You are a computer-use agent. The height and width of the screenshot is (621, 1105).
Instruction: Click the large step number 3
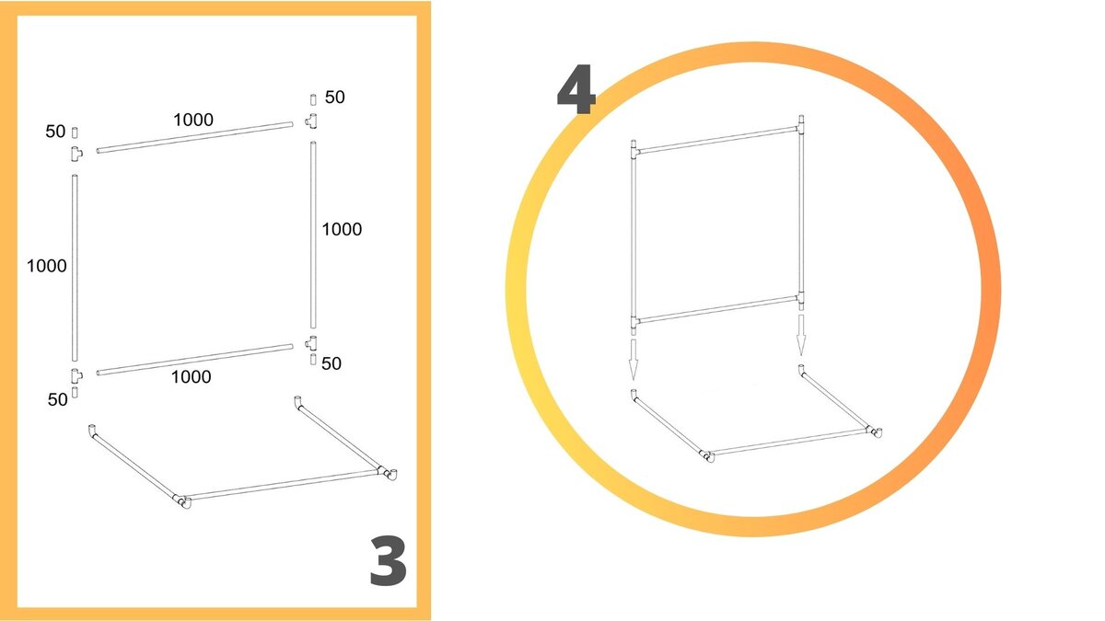click(389, 561)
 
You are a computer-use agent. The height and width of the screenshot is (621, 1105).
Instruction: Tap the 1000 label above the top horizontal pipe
click(193, 120)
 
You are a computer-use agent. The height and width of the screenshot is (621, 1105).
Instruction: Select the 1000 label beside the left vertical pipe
click(46, 266)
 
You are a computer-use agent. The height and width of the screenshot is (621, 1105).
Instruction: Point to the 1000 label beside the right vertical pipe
click(342, 229)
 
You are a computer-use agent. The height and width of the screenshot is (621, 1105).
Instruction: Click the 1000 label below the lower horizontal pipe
click(191, 377)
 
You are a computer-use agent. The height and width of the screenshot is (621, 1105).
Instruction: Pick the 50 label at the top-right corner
click(335, 98)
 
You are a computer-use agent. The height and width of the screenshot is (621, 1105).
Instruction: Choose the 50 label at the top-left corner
click(56, 132)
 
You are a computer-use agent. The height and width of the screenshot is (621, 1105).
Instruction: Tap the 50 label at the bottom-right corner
click(331, 363)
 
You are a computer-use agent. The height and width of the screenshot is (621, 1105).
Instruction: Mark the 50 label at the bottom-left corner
click(58, 399)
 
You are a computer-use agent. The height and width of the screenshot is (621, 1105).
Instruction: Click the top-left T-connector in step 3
click(76, 154)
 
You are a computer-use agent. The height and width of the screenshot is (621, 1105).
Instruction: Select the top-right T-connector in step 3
click(312, 121)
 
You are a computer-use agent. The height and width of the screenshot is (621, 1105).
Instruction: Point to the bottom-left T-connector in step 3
click(76, 375)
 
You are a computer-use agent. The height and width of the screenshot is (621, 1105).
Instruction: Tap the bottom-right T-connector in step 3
click(312, 343)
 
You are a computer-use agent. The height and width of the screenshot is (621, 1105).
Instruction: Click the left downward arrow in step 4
click(634, 359)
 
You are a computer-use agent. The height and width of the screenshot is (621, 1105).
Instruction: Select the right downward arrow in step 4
click(801, 335)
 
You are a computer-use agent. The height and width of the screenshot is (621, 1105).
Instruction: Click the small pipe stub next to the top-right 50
click(313, 99)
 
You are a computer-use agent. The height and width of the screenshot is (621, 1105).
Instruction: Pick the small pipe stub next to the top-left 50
click(75, 132)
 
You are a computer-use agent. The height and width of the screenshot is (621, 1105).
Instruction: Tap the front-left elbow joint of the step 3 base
click(183, 501)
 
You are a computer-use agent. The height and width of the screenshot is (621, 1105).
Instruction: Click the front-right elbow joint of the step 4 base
click(875, 432)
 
